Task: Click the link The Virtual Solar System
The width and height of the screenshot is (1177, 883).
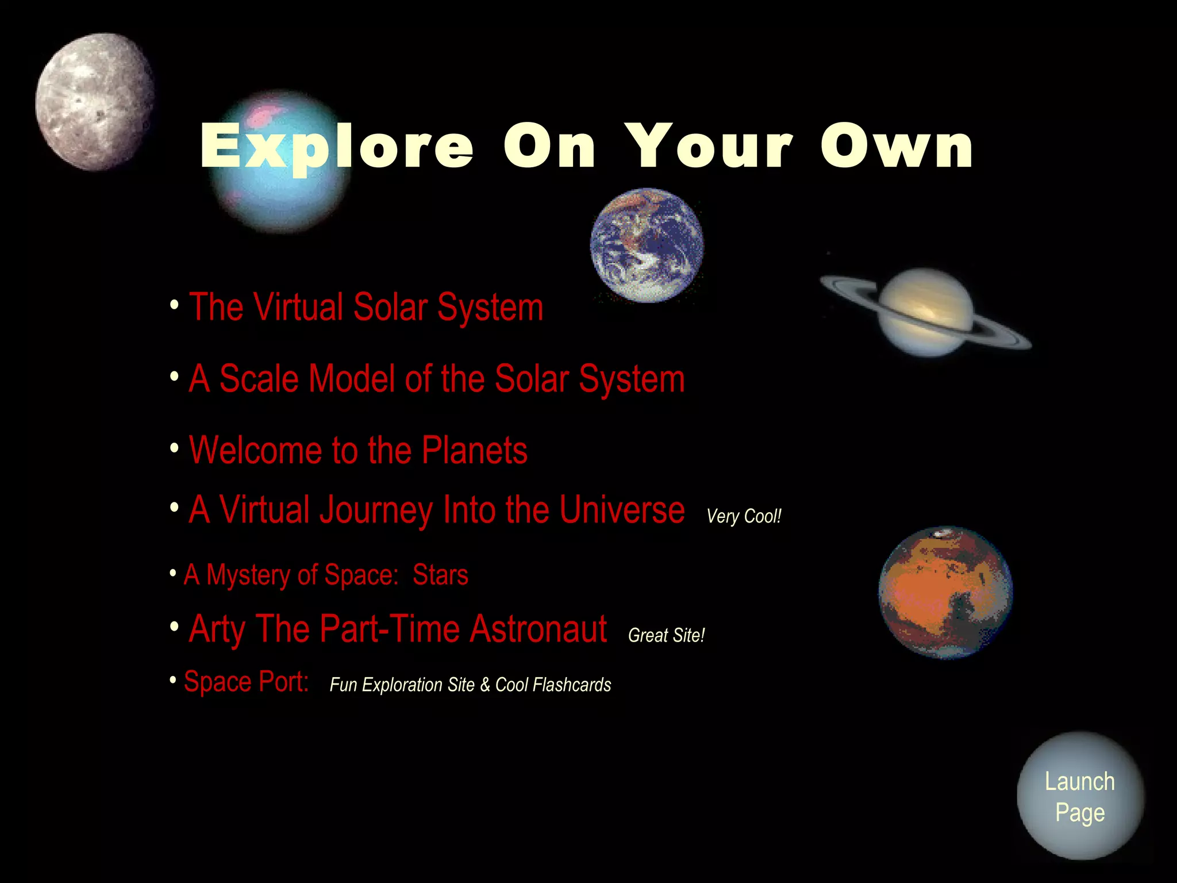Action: [366, 308]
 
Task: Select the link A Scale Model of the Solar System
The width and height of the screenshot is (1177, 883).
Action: [437, 379]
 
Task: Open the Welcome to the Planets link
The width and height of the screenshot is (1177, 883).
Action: [358, 450]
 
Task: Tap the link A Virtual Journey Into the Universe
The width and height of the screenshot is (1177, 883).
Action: [437, 510]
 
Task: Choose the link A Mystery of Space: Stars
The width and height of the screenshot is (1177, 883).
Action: [326, 575]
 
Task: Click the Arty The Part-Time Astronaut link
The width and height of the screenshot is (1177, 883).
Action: [398, 629]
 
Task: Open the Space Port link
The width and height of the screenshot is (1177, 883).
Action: [246, 682]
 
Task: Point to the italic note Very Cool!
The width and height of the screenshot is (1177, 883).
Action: [744, 516]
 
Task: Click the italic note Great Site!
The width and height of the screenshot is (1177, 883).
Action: [666, 635]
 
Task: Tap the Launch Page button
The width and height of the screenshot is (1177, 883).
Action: [1080, 796]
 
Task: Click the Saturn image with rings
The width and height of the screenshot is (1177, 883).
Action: [926, 312]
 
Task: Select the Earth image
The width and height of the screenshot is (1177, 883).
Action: [647, 245]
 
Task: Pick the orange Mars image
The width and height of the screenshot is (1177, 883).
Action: [945, 592]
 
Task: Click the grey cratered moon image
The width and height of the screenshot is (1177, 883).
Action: [95, 102]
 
